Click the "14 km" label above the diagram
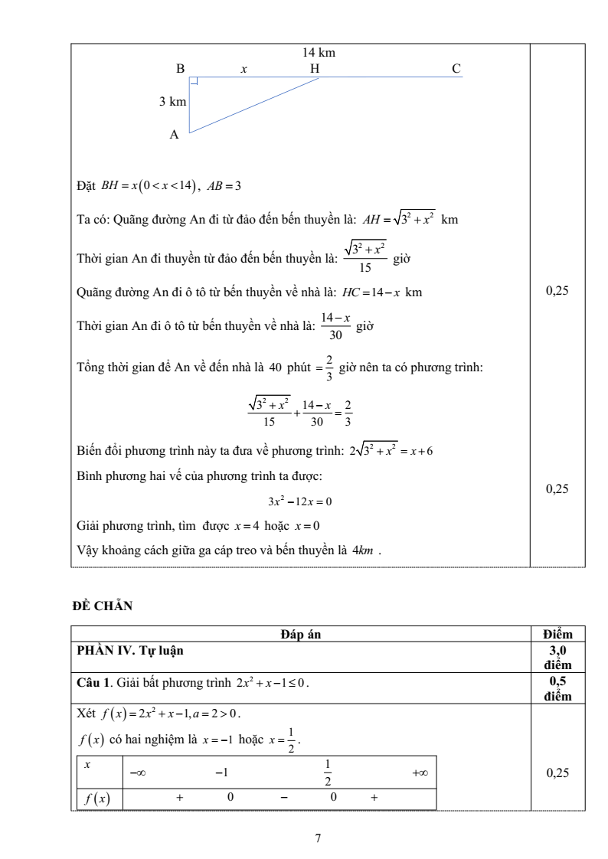pyautogui.click(x=320, y=52)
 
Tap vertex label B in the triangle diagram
pyautogui.click(x=181, y=69)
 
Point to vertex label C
pyautogui.click(x=456, y=69)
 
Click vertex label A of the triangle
pyautogui.click(x=175, y=135)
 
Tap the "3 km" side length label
pyautogui.click(x=172, y=101)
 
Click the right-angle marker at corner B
pyautogui.click(x=194, y=82)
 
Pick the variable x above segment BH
pyautogui.click(x=244, y=69)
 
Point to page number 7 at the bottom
pyautogui.click(x=318, y=837)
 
